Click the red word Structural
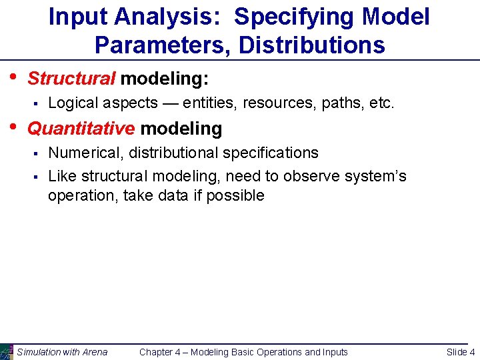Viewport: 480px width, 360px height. pos(71,79)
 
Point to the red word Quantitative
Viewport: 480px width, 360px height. pos(81,128)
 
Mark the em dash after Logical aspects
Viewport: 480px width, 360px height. pos(170,103)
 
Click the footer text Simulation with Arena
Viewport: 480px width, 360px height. pos(62,352)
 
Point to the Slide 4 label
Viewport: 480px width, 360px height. pos(461,352)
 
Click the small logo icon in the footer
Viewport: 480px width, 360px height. pos(7,351)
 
